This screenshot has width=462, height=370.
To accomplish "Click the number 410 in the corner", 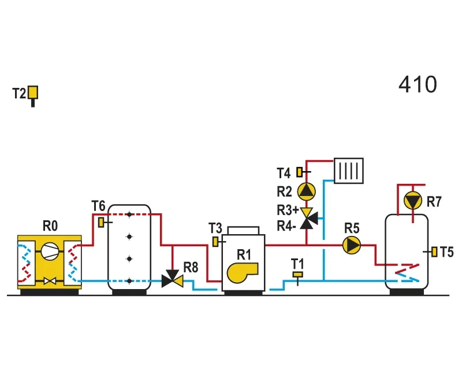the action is pyautogui.click(x=418, y=84).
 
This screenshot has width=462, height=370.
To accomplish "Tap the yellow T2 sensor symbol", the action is pyautogui.click(x=33, y=92).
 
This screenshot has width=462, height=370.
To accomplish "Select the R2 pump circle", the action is pyautogui.click(x=307, y=191).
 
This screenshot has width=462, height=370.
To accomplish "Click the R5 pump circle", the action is pyautogui.click(x=352, y=245).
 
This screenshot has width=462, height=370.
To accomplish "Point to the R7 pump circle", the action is pyautogui.click(x=413, y=201).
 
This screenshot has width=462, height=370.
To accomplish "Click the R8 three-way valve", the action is pyautogui.click(x=172, y=279).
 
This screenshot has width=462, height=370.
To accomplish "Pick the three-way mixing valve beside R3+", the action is pyautogui.click(x=308, y=219).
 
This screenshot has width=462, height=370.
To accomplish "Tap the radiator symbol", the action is pyautogui.click(x=349, y=171).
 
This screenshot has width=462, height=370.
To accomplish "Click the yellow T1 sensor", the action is pyautogui.click(x=297, y=275).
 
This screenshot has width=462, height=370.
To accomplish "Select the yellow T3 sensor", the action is pyautogui.click(x=215, y=242).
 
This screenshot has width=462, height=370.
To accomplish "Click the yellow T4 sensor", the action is pyautogui.click(x=299, y=172).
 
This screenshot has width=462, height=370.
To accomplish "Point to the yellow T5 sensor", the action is pyautogui.click(x=434, y=251).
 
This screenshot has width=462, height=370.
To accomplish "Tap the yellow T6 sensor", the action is pyautogui.click(x=101, y=222).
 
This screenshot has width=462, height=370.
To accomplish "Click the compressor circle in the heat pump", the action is pyautogui.click(x=50, y=251).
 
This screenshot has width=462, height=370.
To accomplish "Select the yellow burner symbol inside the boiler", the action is pyautogui.click(x=242, y=272).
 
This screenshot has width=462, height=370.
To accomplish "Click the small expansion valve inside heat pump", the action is pyautogui.click(x=50, y=280).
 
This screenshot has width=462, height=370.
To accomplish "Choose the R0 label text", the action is pyautogui.click(x=50, y=226).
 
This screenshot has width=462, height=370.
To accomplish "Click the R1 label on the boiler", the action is pyautogui.click(x=244, y=254).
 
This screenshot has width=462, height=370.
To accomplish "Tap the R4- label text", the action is pyautogui.click(x=286, y=226).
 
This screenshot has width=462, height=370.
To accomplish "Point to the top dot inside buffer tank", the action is pyautogui.click(x=129, y=214).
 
